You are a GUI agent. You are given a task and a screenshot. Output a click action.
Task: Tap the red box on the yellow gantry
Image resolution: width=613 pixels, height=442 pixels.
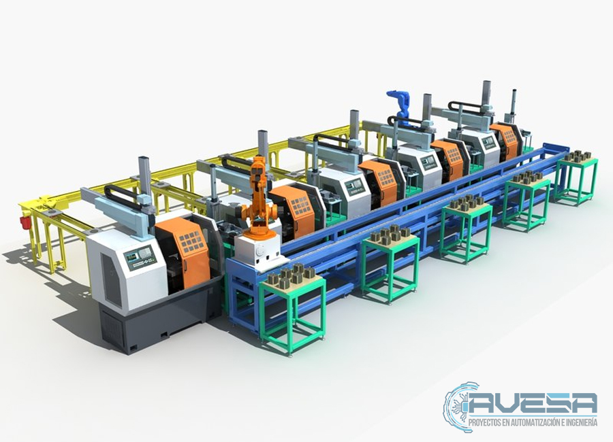[x=25, y=222]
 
